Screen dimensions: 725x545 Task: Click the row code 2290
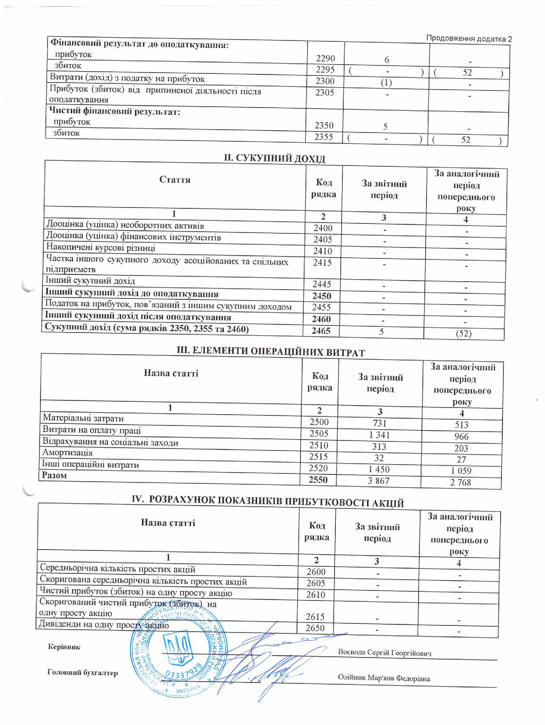click(x=325, y=58)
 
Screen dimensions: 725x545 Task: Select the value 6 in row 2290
click(x=387, y=60)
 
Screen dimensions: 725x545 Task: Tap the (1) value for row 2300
click(x=386, y=83)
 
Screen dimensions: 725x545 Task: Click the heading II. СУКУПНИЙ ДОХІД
click(x=274, y=158)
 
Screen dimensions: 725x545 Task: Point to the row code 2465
click(x=321, y=331)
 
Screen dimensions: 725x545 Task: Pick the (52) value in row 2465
click(x=464, y=334)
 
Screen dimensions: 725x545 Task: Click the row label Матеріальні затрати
click(x=83, y=418)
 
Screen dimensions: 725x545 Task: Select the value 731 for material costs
click(x=379, y=423)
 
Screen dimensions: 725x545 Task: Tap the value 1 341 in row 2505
click(x=379, y=435)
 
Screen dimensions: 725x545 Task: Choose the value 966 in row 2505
click(x=461, y=437)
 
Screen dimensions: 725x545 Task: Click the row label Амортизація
click(x=67, y=453)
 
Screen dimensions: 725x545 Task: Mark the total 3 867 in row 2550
click(x=378, y=481)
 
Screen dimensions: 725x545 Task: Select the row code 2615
click(x=315, y=617)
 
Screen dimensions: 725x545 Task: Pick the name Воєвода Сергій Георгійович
click(x=385, y=653)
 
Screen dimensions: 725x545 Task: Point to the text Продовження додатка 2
click(x=469, y=39)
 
